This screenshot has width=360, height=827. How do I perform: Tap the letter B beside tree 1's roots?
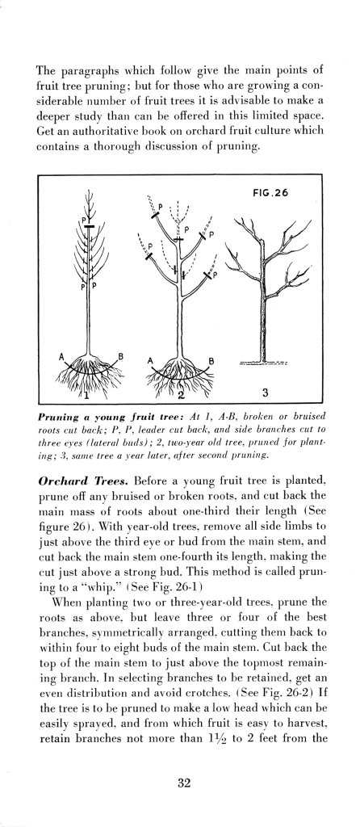[122, 356]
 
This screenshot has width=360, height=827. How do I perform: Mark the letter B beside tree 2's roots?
[212, 360]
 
